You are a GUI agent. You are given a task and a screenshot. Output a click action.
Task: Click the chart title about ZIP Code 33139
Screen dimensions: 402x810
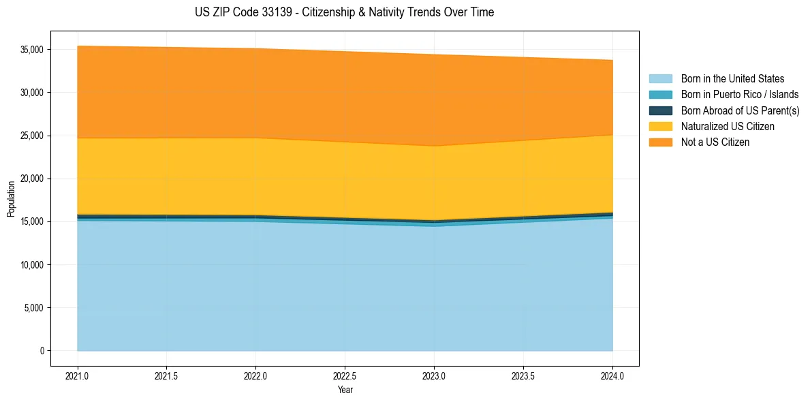(x=344, y=12)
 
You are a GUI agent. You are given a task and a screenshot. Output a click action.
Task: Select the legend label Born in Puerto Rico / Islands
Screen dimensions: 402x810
(x=740, y=95)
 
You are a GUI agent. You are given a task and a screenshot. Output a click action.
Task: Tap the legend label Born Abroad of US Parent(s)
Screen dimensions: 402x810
(x=740, y=110)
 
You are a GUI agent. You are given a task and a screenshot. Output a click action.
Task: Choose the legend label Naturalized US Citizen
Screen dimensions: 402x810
(x=728, y=127)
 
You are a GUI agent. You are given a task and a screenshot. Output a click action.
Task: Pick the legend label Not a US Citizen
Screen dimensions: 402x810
(x=715, y=142)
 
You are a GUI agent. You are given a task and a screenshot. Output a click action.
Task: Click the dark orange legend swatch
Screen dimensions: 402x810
(x=660, y=142)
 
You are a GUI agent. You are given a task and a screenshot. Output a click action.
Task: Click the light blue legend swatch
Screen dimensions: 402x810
(x=660, y=79)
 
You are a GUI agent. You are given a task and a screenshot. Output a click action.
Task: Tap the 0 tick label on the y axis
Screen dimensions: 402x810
(x=42, y=351)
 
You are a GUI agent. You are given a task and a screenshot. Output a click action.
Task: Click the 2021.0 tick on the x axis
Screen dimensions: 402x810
(x=78, y=375)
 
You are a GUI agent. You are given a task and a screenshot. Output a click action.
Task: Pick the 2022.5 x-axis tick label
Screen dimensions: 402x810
(x=345, y=375)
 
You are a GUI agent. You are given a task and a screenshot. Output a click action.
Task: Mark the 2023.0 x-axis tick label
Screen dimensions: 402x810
(x=434, y=375)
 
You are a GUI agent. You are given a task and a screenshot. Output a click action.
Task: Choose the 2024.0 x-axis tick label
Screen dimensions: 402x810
(x=612, y=375)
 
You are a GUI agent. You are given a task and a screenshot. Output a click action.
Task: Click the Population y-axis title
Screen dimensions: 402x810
(x=11, y=199)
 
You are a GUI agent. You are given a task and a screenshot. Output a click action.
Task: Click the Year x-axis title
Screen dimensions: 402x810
(x=345, y=390)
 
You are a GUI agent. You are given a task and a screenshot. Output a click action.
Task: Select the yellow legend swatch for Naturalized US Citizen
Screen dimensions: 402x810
(x=660, y=127)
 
